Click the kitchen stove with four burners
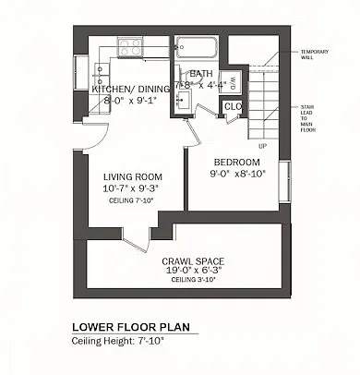click(130, 45)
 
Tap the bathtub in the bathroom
click(195, 47)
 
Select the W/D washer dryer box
click(234, 80)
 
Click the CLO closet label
click(233, 106)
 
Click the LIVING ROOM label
click(134, 176)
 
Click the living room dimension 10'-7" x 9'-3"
click(134, 188)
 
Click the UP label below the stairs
click(263, 146)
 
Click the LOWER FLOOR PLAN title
click(133, 328)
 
